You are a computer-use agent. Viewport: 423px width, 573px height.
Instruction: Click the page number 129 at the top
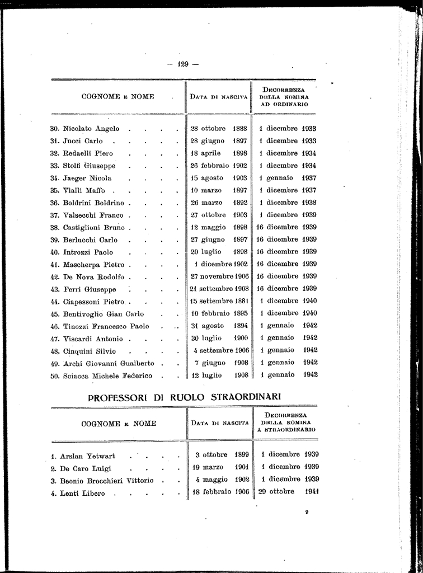(x=184, y=64)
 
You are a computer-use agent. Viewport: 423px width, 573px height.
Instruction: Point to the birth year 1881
(x=240, y=301)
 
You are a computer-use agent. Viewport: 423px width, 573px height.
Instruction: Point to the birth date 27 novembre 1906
(x=219, y=276)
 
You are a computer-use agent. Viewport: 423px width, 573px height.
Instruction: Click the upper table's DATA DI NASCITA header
(x=219, y=97)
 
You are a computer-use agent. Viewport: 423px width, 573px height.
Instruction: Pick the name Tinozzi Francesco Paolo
(x=102, y=326)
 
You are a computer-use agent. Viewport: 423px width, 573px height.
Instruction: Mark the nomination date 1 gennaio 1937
(x=289, y=178)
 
